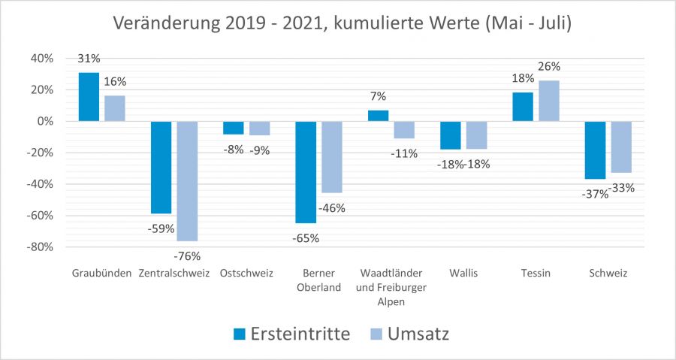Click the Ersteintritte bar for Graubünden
click(89, 97)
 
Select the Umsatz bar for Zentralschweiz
click(187, 180)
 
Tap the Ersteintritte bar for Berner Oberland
click(305, 172)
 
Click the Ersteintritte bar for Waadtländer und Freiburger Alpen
click(378, 116)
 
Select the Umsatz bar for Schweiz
click(620, 147)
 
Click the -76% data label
click(187, 256)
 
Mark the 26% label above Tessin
click(549, 66)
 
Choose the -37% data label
click(593, 195)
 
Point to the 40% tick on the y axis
click(42, 59)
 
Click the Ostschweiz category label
click(246, 273)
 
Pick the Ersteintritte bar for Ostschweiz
click(234, 128)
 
